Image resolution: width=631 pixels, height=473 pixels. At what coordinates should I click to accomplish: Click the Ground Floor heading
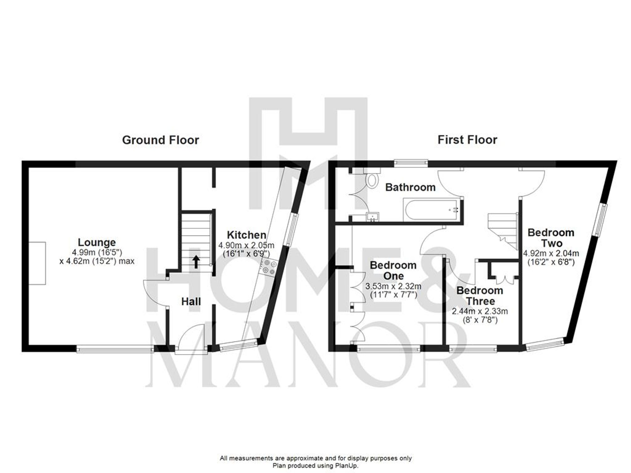point(160,140)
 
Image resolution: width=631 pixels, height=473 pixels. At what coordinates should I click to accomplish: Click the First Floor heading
point(467,140)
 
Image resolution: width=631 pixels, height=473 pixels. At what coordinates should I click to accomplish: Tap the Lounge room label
point(97,242)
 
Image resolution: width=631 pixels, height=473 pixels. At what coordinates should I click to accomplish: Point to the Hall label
point(191,302)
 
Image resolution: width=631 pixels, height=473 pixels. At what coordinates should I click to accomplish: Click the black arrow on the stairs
point(196,262)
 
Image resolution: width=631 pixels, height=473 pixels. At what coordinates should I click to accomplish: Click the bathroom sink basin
point(373,217)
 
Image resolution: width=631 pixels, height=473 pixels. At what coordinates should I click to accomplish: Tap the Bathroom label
point(410,187)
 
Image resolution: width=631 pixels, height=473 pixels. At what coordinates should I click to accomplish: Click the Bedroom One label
point(393,270)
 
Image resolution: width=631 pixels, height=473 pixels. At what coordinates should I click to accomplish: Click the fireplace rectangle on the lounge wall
point(37,263)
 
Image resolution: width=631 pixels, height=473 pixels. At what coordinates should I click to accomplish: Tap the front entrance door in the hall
point(191,339)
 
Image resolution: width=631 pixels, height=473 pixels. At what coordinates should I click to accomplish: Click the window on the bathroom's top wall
point(410,163)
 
